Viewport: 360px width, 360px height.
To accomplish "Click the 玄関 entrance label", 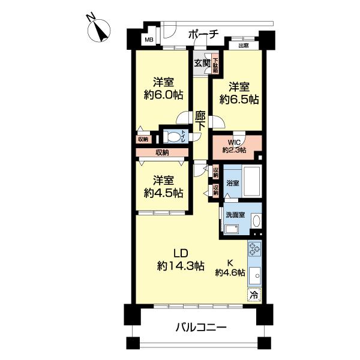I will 202,61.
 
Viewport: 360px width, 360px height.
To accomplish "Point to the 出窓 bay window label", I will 244,46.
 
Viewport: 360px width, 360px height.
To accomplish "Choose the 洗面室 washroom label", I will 235,215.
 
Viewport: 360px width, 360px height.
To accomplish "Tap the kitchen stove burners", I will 254,249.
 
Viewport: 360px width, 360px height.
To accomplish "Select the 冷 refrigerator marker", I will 253,295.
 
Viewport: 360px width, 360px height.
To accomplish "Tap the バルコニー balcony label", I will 201,328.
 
